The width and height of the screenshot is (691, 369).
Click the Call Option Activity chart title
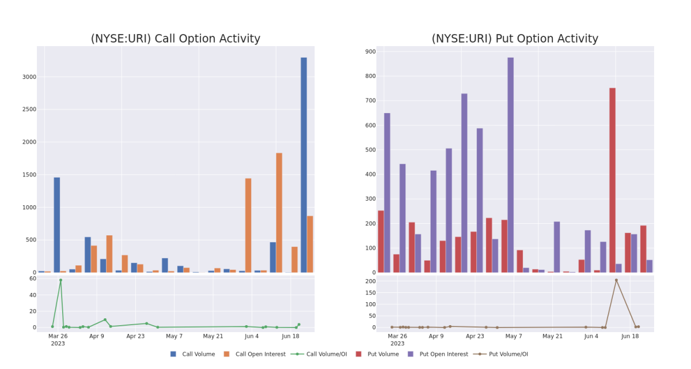[x=176, y=39]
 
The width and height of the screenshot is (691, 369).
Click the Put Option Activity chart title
[x=515, y=39]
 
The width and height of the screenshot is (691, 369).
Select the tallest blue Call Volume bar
[x=304, y=165]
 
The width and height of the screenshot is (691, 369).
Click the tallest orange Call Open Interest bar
[x=279, y=213]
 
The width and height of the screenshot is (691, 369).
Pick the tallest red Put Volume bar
[x=612, y=180]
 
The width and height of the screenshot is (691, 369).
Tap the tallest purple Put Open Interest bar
[x=511, y=165]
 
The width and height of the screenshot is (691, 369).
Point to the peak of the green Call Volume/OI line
[x=61, y=280]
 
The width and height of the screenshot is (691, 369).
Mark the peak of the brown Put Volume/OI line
[x=616, y=280]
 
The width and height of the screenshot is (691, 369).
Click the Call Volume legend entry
[x=193, y=354]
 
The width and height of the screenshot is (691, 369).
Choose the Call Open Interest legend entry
[x=255, y=354]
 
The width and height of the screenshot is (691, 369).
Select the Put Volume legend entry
[x=377, y=354]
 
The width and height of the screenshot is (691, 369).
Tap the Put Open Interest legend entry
[x=438, y=354]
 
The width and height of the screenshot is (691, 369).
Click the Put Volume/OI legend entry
[x=500, y=354]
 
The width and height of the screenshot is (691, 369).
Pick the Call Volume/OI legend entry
[x=319, y=354]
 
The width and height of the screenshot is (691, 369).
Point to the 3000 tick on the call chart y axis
[x=29, y=77]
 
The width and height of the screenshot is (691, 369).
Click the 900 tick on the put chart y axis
[x=370, y=51]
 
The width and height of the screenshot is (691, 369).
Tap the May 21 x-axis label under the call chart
[x=213, y=336]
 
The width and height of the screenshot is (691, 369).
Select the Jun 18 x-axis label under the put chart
[x=630, y=336]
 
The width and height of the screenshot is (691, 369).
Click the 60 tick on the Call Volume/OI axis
[x=33, y=278]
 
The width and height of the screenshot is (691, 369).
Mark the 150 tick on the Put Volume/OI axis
[x=370, y=293]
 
